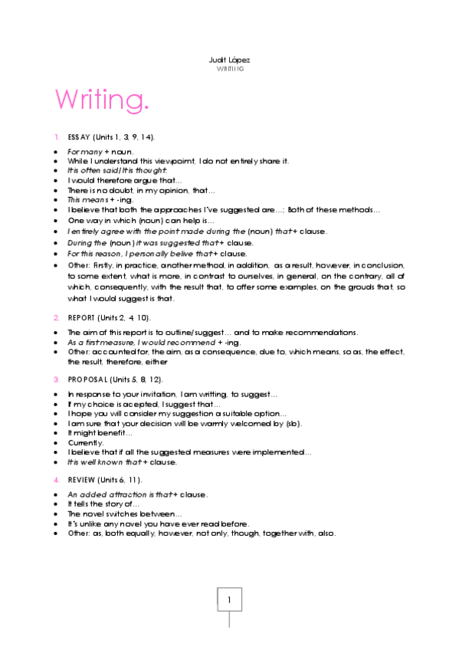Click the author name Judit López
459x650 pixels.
(229, 60)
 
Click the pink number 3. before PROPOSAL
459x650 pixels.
(57, 379)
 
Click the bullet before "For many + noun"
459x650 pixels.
(57, 152)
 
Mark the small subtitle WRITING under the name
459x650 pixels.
(229, 69)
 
